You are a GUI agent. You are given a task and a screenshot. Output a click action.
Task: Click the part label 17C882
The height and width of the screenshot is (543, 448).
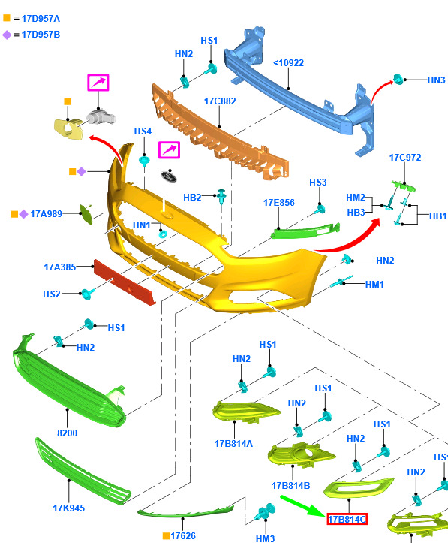click(x=220, y=101)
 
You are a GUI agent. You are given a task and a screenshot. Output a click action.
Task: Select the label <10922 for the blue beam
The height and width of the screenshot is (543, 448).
click(x=288, y=62)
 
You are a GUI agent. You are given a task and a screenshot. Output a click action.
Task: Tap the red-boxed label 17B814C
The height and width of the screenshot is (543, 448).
click(x=347, y=519)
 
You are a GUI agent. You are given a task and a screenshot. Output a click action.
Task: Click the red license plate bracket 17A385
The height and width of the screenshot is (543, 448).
click(x=125, y=282)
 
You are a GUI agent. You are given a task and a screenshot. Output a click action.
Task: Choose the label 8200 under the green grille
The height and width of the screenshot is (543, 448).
click(x=67, y=433)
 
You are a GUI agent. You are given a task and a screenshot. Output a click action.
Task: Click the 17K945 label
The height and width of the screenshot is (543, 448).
click(x=68, y=508)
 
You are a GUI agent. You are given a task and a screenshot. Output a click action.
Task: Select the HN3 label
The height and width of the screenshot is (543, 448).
click(x=436, y=80)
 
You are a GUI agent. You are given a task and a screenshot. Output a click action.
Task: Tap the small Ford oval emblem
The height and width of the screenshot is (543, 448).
click(x=169, y=176)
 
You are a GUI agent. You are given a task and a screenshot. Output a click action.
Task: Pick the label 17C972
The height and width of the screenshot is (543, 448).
click(x=405, y=158)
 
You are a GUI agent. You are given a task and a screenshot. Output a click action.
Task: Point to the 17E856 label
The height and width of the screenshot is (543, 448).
click(x=279, y=203)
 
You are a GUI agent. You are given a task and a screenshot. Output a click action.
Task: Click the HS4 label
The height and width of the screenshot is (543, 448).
click(x=143, y=131)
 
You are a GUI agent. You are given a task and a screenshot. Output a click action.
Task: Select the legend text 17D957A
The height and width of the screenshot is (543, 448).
click(x=41, y=19)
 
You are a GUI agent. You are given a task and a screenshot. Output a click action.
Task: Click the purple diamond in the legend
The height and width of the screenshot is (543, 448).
click(x=7, y=35)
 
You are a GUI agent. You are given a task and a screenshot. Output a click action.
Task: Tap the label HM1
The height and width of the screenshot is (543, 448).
click(x=374, y=285)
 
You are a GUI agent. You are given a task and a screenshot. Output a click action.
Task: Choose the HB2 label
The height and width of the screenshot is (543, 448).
click(x=192, y=197)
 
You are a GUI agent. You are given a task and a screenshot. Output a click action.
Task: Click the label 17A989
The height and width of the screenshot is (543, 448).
click(x=47, y=213)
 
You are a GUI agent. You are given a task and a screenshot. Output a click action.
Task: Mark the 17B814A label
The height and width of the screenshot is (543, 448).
click(x=233, y=444)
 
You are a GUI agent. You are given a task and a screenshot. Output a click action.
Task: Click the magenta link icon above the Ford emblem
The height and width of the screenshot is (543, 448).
click(x=169, y=150)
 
